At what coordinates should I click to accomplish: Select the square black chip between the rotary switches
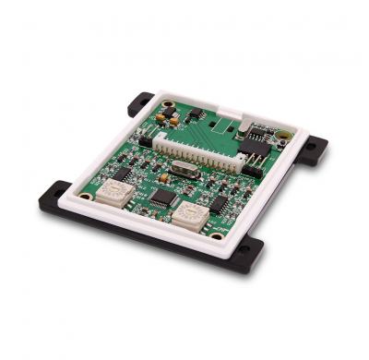pyautogui.click(x=162, y=197)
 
